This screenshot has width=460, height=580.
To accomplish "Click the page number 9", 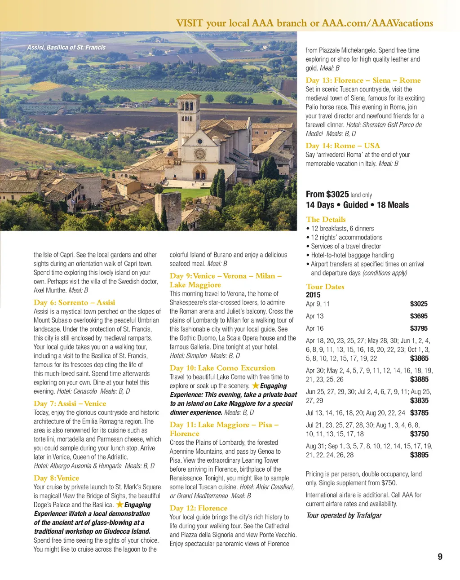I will (440, 557).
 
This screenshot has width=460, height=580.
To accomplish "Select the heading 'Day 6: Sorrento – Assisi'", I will (74, 302).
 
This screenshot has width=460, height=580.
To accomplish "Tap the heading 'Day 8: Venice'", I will (56, 478).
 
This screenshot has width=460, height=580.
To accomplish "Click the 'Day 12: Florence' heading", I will (198, 508).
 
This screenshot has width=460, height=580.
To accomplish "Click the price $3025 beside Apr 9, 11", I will (418, 304).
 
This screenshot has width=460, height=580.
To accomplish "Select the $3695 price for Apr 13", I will (418, 316).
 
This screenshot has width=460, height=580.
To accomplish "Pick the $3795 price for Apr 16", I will (418, 328).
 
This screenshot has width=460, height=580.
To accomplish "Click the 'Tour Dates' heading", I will (325, 287).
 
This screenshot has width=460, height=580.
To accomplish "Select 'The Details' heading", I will (326, 219).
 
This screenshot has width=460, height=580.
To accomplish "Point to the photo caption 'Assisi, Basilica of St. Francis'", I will (66, 47).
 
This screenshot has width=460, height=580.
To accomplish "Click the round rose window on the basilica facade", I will (199, 154).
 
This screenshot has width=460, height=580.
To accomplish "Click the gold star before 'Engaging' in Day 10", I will (255, 385).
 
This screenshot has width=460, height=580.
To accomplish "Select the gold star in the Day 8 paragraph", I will (119, 505).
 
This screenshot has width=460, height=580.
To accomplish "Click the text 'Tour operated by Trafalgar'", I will (344, 515).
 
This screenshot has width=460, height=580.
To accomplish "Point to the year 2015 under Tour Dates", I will (313, 295).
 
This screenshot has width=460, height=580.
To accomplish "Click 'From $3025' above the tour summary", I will (327, 194).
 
